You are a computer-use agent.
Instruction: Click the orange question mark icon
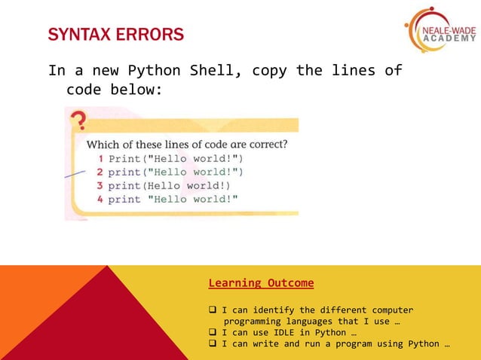click(77, 121)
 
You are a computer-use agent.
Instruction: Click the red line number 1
click(101, 159)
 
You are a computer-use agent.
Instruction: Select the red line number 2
click(100, 172)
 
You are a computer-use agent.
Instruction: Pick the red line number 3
click(100, 185)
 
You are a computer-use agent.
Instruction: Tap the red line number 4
click(100, 199)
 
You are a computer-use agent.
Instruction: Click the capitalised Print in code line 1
click(124, 159)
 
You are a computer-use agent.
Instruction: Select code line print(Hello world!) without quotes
click(169, 185)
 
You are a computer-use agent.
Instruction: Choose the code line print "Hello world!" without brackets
click(173, 199)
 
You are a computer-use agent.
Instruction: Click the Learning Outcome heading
click(261, 283)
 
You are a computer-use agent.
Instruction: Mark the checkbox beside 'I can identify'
click(213, 310)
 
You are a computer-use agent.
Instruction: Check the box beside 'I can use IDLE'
click(213, 333)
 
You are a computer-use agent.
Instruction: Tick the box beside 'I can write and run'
click(213, 344)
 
